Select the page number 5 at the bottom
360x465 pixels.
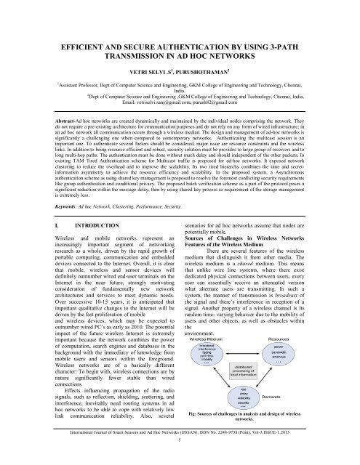[180, 459]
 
